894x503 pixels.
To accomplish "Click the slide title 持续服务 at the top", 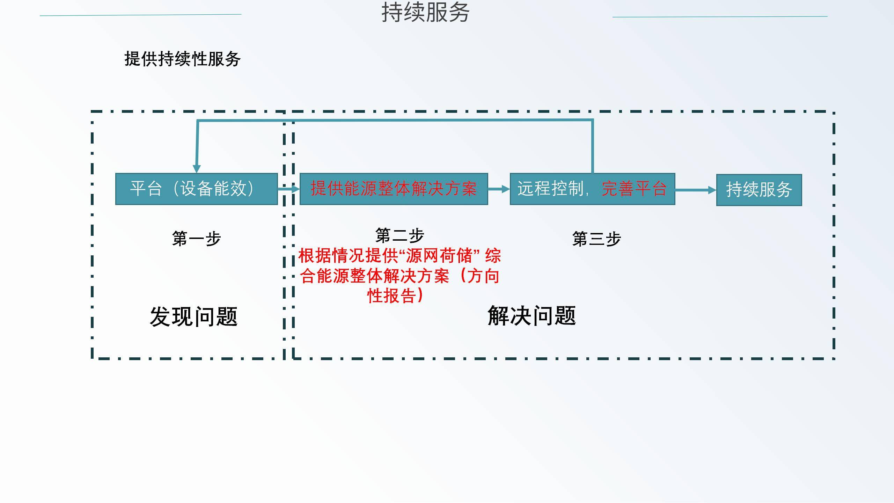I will coord(425,13).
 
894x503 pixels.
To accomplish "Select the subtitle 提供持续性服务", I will coord(182,59).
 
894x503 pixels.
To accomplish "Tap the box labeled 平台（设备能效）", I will coord(196,189).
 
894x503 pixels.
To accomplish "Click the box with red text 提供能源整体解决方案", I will coord(394,189).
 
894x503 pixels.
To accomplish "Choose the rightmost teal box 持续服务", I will coord(759,190).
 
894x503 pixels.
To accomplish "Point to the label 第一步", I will coord(196,239).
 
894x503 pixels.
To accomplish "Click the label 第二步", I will coord(400,235).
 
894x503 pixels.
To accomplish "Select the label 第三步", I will coord(596,239).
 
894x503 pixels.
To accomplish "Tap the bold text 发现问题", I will coord(194,317).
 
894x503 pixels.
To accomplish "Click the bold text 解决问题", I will coord(532,316).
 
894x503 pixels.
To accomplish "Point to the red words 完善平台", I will coord(634,189).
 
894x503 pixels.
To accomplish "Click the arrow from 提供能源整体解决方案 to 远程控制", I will coord(499,189).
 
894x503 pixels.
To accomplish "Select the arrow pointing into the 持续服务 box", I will coord(695,190).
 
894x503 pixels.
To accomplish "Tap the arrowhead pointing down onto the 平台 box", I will coord(197,168).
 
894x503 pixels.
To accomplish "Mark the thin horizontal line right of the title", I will coord(720,16).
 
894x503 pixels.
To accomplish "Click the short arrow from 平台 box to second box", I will coord(288,189).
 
